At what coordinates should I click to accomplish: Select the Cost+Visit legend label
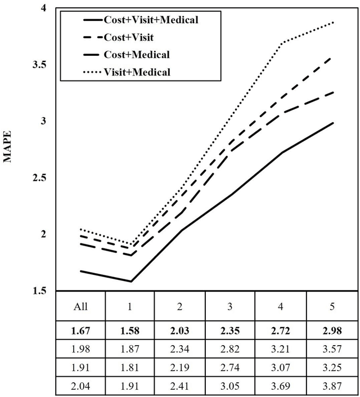pos(129,37)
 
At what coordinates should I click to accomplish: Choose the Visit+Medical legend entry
pos(137,72)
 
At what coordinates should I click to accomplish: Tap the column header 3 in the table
pos(230,307)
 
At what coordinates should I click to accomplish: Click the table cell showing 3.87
pos(334,387)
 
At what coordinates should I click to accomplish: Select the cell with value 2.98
pos(334,330)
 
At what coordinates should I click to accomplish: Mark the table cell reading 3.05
pos(230,387)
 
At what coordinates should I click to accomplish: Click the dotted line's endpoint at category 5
pos(334,23)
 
